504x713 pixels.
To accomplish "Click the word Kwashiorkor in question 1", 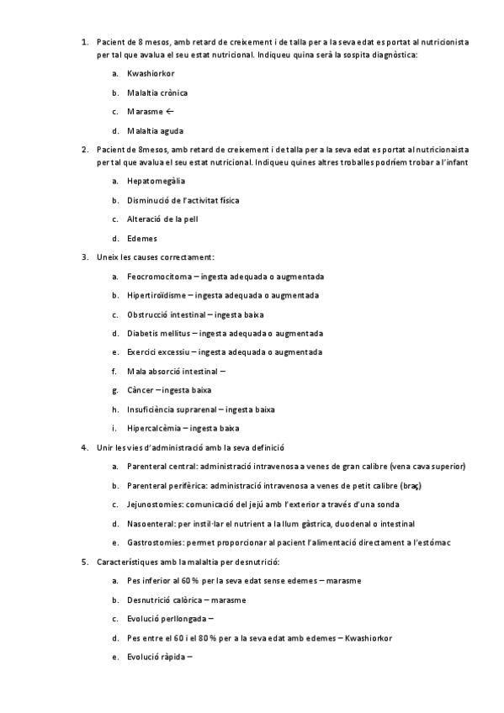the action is coord(151,73).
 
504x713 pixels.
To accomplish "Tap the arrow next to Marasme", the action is coord(169,111).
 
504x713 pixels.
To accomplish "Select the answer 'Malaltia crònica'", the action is coord(157,92).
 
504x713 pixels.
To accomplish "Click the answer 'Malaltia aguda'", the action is coord(155,130).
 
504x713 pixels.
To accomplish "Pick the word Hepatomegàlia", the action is coord(156,181).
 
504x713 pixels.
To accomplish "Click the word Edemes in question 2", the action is coord(142,238).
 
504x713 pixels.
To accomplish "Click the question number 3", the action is coord(84,256).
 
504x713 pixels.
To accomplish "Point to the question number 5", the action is coord(84,561).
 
